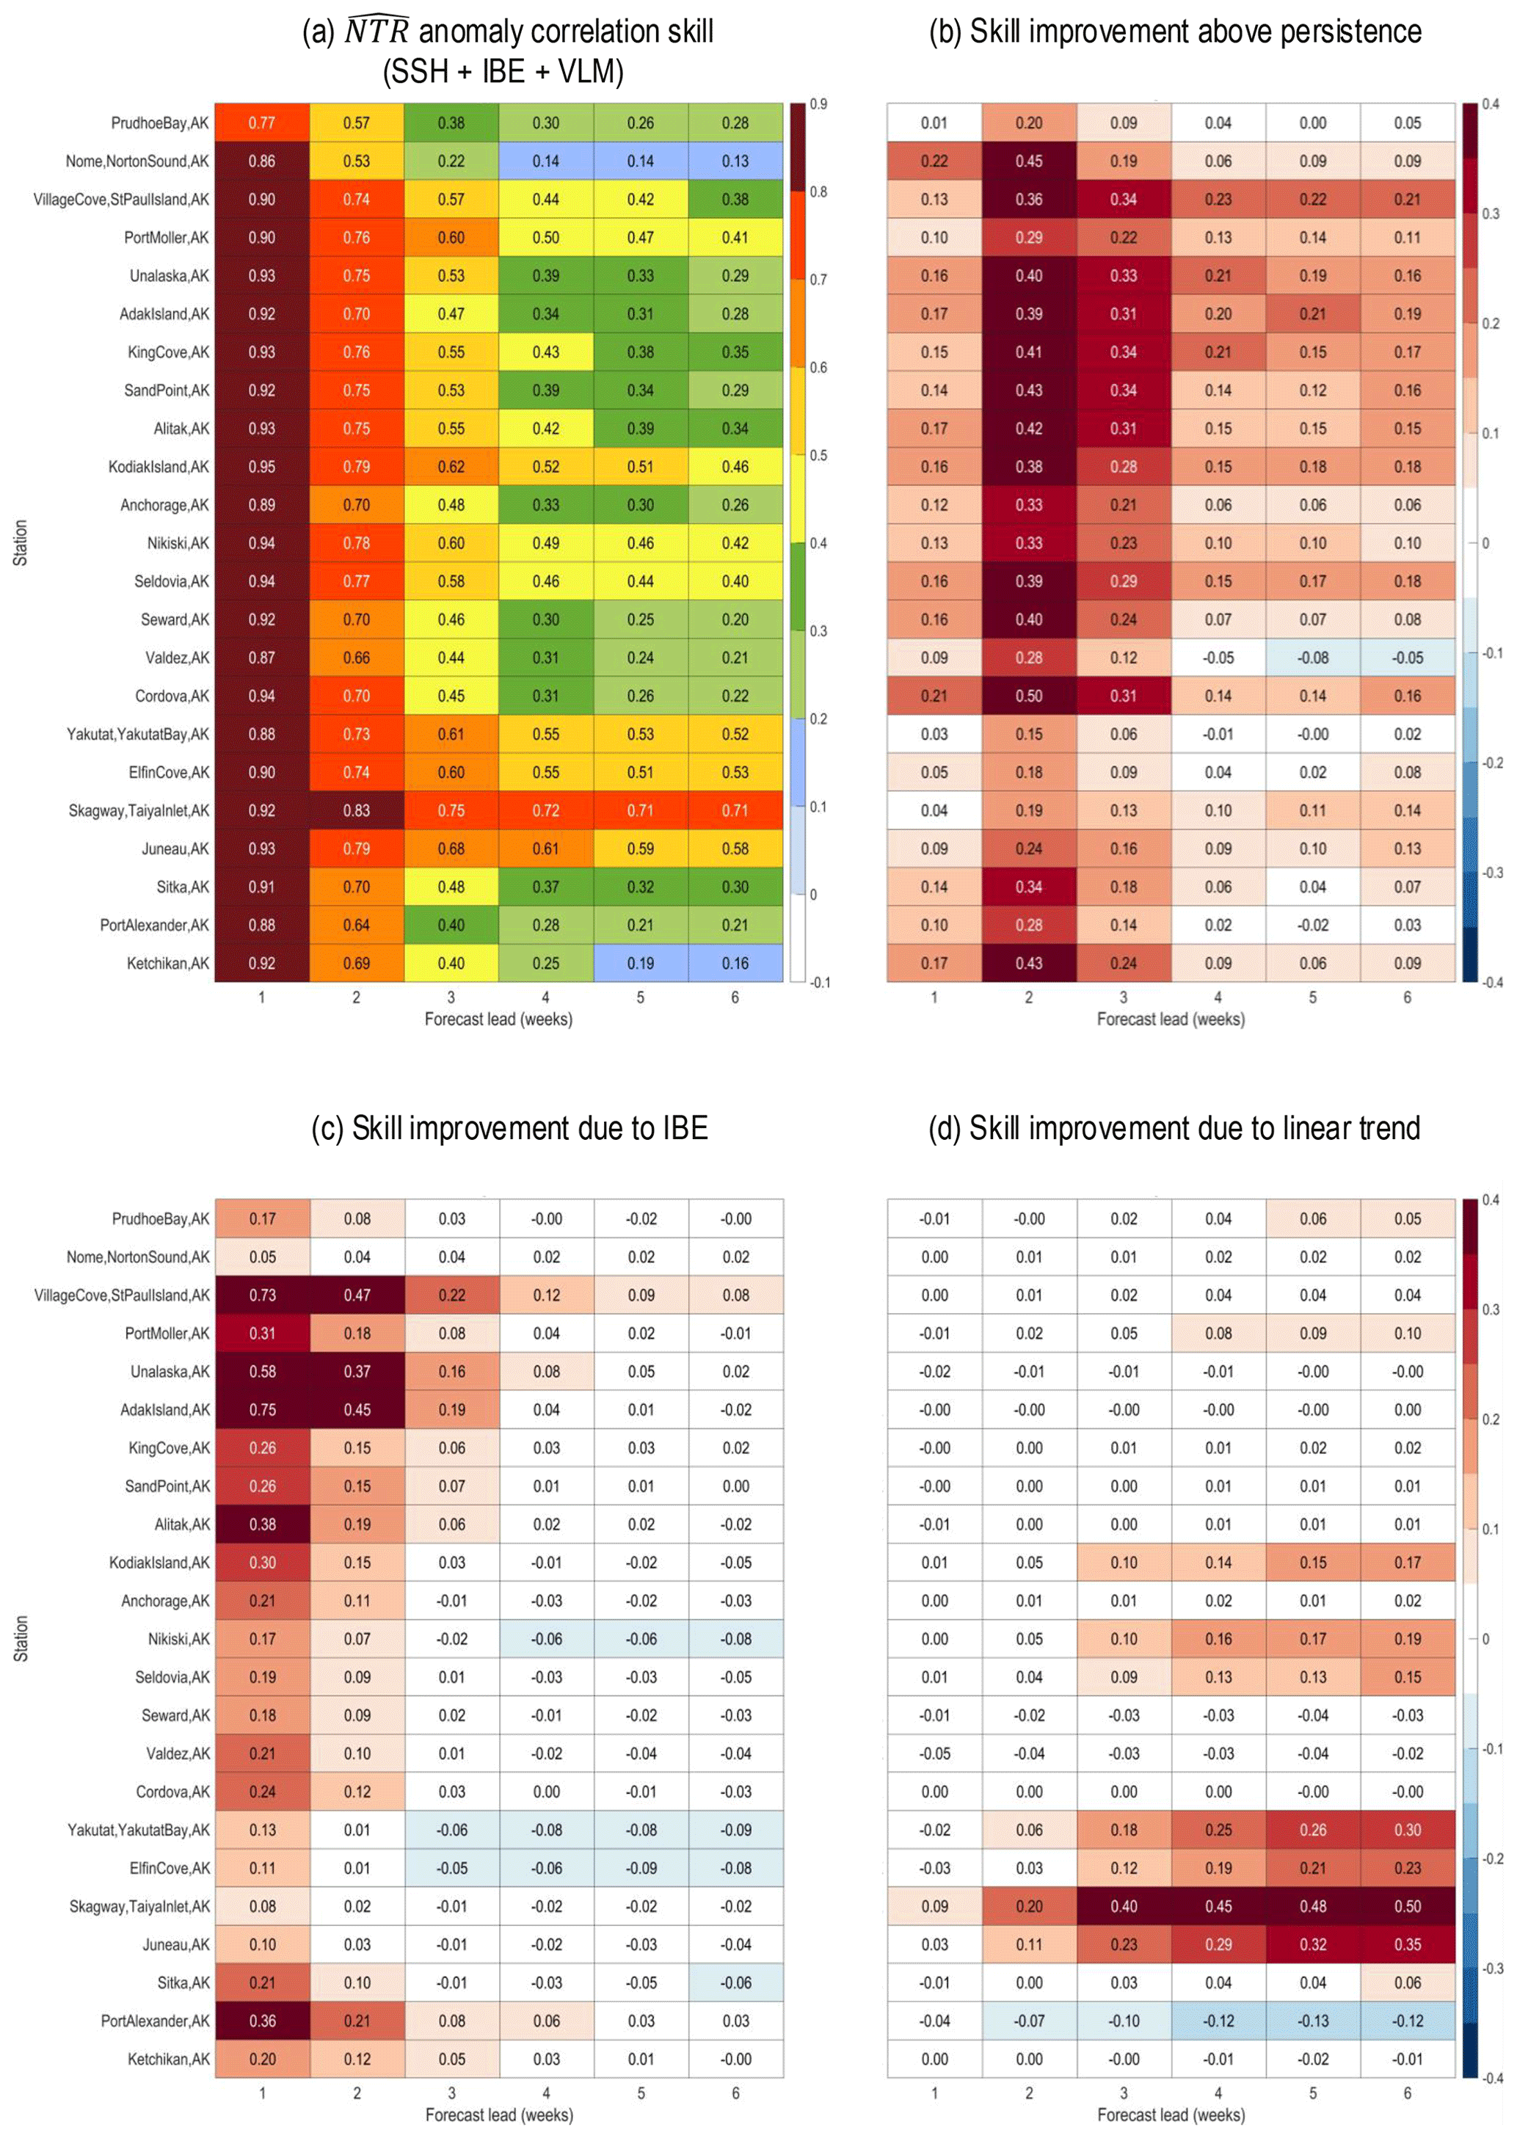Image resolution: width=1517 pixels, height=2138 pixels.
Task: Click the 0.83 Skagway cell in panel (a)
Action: (356, 810)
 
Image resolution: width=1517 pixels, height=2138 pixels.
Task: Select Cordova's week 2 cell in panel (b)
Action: (1028, 696)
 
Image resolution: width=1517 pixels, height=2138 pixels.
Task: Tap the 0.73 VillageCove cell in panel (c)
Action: (263, 1295)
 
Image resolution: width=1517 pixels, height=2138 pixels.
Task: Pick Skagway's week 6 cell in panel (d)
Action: (1407, 1906)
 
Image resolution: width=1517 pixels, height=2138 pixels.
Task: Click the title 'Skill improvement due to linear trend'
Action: (1174, 1128)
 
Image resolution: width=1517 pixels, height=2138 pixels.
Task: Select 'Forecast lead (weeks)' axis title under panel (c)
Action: (499, 2115)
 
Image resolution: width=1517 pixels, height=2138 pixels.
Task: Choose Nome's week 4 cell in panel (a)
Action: (545, 161)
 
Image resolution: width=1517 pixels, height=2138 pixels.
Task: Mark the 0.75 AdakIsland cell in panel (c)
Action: (263, 1409)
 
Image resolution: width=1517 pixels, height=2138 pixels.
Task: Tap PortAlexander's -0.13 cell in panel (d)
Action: (1312, 2021)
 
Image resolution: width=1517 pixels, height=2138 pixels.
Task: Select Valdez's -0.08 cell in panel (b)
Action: (1312, 658)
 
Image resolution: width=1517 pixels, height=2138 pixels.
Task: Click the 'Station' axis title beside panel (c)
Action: (21, 1638)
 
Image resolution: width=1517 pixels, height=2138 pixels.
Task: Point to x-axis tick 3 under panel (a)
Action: (451, 997)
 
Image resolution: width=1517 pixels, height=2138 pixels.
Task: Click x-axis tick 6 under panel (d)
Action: (1408, 2093)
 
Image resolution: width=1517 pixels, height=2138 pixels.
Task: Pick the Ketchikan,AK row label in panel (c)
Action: (168, 2059)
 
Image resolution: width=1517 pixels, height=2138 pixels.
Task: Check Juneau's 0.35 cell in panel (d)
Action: (1407, 1945)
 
